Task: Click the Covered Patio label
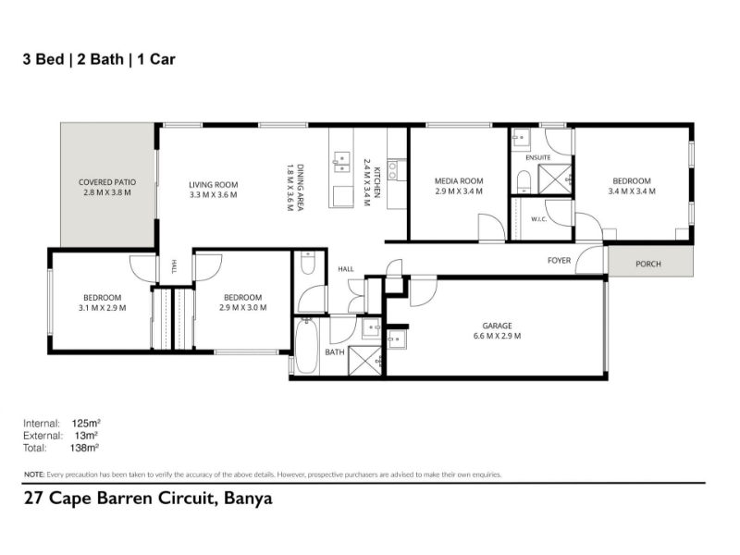[107, 182]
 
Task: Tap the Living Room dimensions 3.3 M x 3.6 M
[214, 195]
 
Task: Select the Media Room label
[459, 180]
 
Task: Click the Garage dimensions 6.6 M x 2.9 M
[497, 336]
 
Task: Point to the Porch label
[648, 264]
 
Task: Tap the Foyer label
[560, 261]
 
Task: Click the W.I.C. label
[539, 219]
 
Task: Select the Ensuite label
[538, 157]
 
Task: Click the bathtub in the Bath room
[307, 347]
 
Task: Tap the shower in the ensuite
[555, 179]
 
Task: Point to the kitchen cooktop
[392, 170]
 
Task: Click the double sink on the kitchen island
[341, 162]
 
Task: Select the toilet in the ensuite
[524, 181]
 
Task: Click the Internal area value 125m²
[86, 423]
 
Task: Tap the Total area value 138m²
[84, 448]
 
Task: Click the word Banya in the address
[248, 499]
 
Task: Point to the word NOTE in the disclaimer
[34, 475]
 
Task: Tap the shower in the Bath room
[364, 361]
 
